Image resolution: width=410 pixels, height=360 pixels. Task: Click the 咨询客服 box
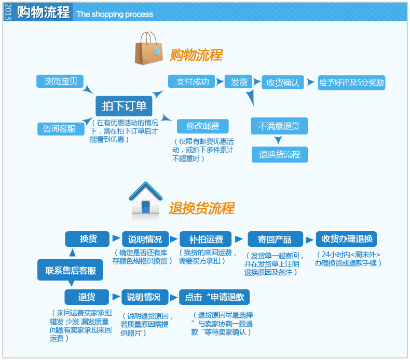60,129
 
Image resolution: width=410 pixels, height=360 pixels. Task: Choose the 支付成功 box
193,82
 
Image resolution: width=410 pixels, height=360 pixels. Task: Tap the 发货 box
239,82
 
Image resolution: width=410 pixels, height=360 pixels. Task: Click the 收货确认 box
283,83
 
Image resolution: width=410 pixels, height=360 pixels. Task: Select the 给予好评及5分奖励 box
351,83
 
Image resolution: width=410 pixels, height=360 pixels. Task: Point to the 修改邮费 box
203,126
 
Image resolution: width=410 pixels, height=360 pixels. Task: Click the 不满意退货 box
279,126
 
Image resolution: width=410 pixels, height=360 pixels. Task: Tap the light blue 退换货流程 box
280,154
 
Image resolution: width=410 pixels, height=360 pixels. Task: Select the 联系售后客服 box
70,270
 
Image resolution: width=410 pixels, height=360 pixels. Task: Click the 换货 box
87,239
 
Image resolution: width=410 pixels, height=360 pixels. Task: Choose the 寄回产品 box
275,239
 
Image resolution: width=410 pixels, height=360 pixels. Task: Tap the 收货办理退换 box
347,239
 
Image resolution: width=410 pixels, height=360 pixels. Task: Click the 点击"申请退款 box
214,297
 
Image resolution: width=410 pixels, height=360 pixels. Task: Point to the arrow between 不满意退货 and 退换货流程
278,140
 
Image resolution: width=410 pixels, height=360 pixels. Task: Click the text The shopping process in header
115,14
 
